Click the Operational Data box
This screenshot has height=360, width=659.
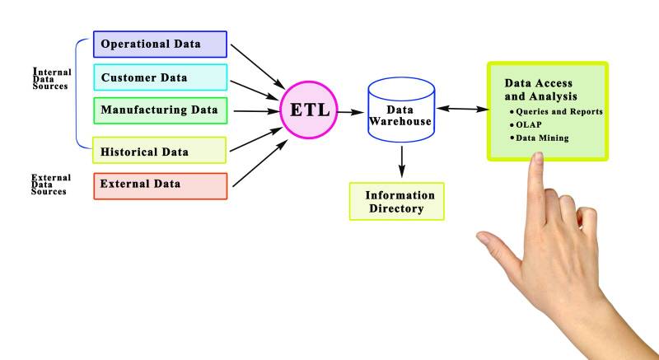coord(159,44)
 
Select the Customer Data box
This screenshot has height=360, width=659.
coord(159,78)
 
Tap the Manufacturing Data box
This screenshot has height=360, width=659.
coord(159,110)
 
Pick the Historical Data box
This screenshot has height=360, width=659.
coord(159,151)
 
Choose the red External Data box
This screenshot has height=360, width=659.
coord(159,185)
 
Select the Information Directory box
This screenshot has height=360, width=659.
coord(397,202)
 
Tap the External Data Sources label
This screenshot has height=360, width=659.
coord(50,185)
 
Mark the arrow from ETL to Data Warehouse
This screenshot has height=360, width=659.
coord(350,110)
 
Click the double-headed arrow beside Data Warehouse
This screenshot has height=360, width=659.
coord(461,108)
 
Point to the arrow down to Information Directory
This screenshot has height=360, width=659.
coord(401,160)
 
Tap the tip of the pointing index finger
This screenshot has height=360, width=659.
coord(536,160)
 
